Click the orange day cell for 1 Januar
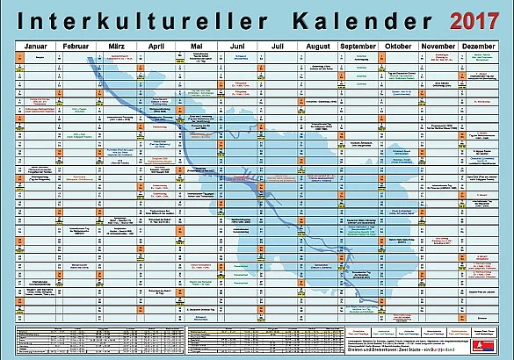[x=19, y=55]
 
